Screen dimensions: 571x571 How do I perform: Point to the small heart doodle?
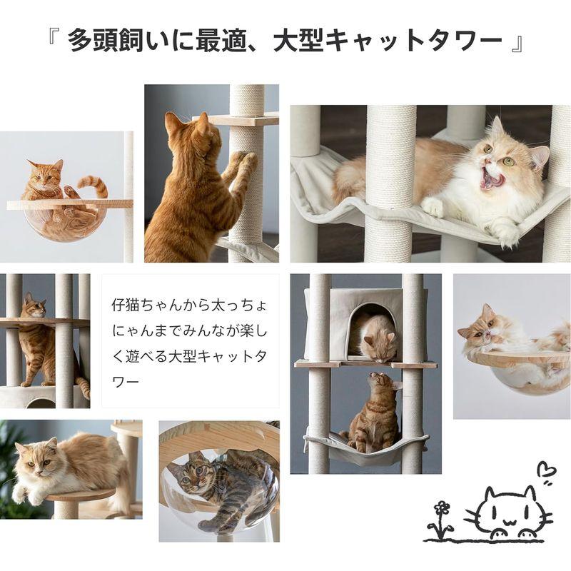[x=546, y=473]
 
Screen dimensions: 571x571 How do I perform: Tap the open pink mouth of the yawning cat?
[x=490, y=178]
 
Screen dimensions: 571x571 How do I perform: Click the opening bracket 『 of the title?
[x=53, y=41]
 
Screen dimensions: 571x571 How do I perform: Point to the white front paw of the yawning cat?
[x=432, y=207]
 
